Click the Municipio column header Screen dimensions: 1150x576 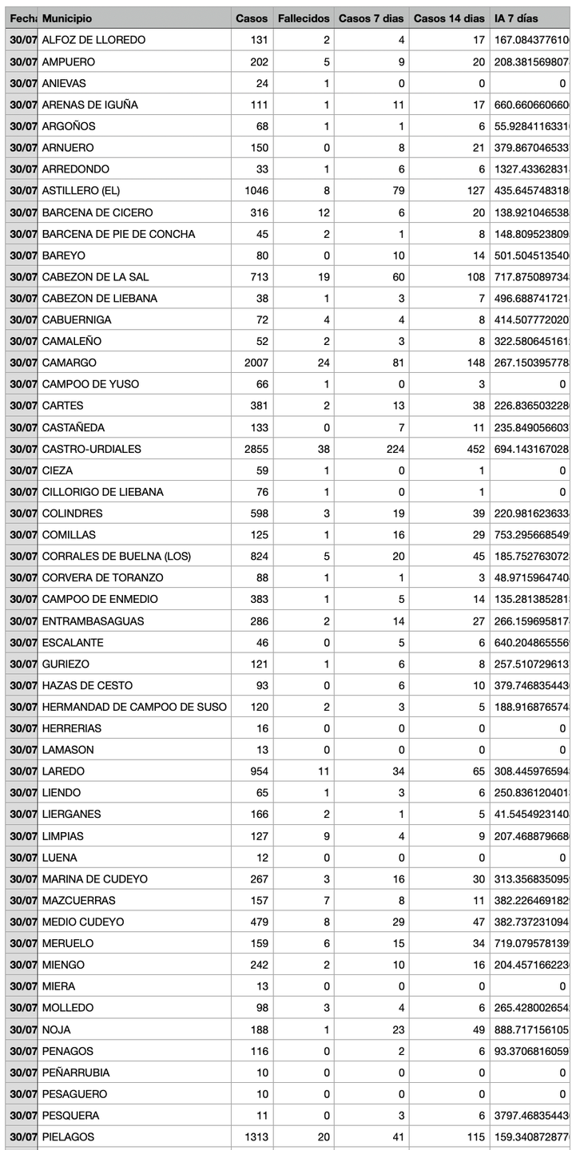click(x=67, y=18)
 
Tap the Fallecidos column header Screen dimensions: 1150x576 click(x=303, y=18)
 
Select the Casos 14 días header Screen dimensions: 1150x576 click(x=449, y=18)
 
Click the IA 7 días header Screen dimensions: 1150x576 click(x=516, y=18)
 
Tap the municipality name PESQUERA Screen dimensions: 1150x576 click(x=70, y=1115)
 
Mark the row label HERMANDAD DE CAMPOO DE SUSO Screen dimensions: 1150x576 click(x=133, y=707)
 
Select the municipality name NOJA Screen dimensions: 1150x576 click(x=56, y=1029)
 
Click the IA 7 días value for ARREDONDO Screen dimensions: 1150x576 click(x=530, y=169)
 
